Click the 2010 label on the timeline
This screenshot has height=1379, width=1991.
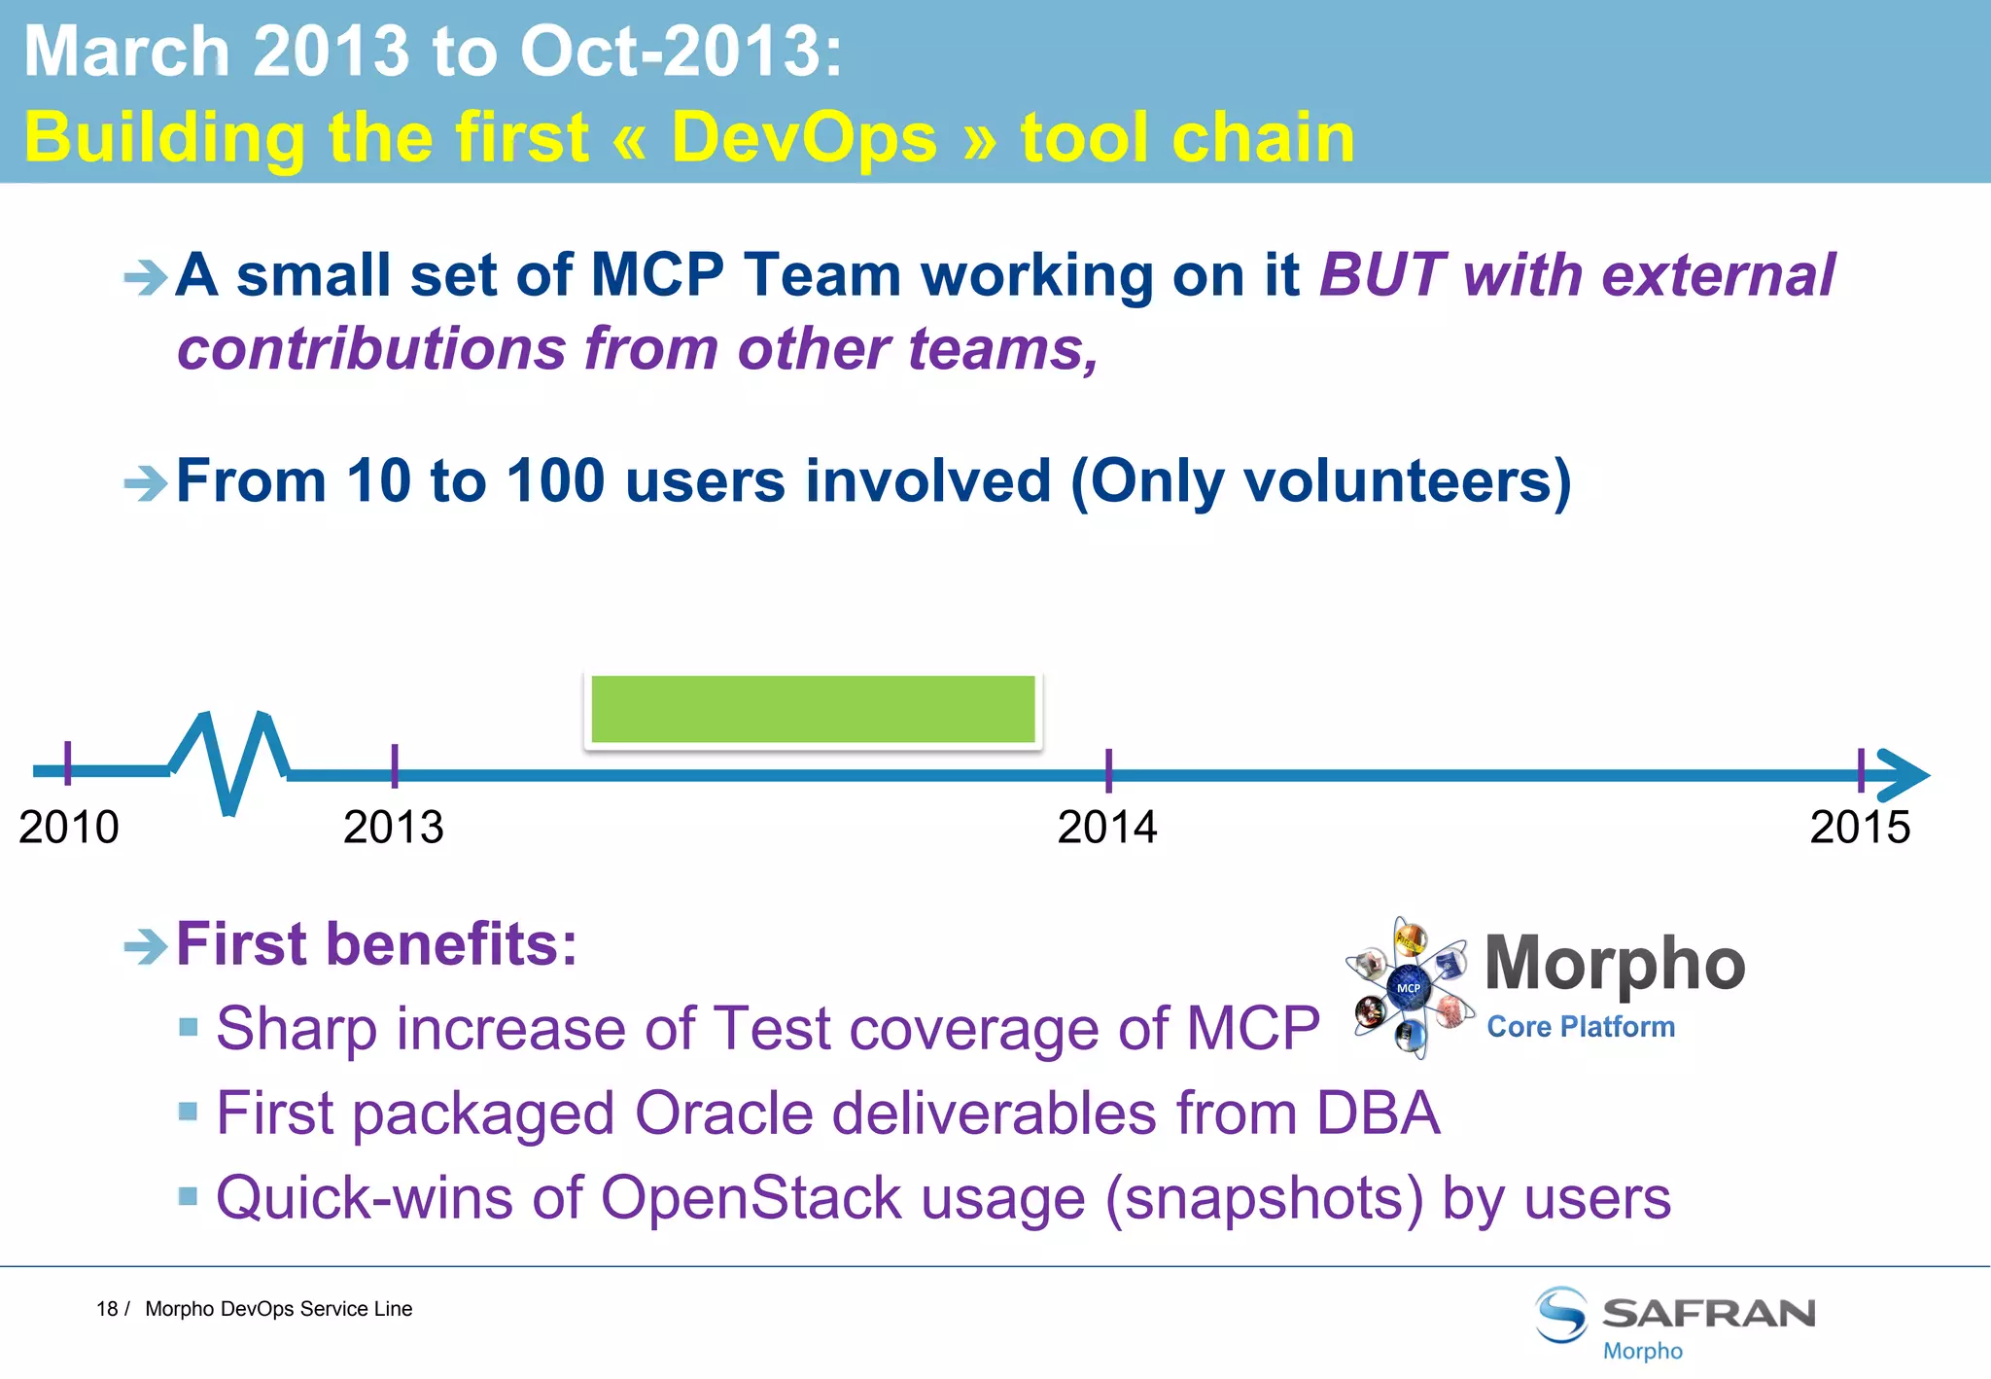click(x=68, y=828)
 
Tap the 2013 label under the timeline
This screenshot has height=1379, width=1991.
click(x=393, y=828)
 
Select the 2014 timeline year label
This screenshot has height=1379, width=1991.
click(x=1106, y=828)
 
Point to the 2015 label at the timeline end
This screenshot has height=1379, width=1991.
click(x=1859, y=828)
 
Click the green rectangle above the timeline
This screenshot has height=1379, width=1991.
click(x=813, y=710)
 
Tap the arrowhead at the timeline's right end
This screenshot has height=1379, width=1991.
click(x=1904, y=775)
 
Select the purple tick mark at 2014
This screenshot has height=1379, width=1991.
click(x=1108, y=769)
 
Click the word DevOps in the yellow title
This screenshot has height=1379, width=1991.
click(x=804, y=137)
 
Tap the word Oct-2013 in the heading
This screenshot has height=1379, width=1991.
click(x=681, y=51)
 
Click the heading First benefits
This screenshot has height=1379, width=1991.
click(x=376, y=944)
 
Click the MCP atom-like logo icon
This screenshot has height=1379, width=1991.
click(x=1409, y=987)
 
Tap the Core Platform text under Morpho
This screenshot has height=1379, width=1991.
click(x=1581, y=1027)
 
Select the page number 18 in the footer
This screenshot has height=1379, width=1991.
click(x=106, y=1309)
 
